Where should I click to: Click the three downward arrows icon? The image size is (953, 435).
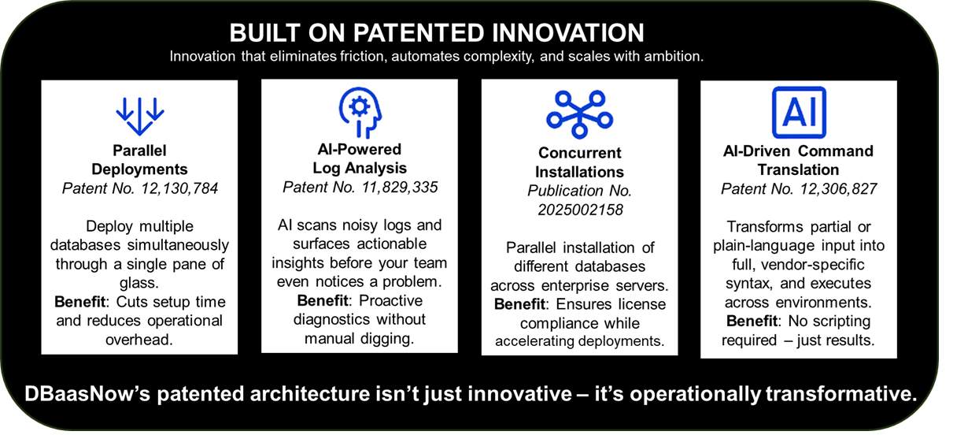coord(140,117)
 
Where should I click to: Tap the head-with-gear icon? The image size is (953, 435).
coord(360,113)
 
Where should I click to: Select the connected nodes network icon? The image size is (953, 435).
coord(579,114)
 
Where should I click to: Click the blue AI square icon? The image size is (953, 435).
coord(799,113)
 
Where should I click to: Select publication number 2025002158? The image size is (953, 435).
coord(580,210)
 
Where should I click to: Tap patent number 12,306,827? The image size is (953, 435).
coord(839,189)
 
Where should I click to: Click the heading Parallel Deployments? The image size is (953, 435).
coord(139,160)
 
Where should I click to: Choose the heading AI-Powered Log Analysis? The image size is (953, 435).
coord(360,158)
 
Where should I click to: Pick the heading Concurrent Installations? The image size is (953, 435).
coord(579,162)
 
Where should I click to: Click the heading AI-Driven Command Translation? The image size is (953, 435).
coord(798,160)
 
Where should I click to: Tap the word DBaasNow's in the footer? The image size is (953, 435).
coord(87,394)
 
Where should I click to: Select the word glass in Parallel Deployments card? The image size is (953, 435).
coord(139,282)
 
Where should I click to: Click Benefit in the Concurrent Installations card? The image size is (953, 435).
coord(519,304)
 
